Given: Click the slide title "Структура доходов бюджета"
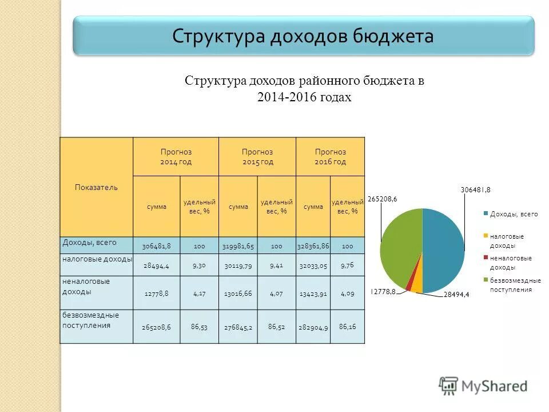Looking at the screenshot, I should point(303,36).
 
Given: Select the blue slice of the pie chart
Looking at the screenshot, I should point(443,249).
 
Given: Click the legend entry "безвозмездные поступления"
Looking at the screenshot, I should point(515,284).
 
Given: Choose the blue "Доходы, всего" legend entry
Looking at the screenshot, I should point(514,214).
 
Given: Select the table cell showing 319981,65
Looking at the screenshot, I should point(238,246).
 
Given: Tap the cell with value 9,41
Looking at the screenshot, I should point(276,266).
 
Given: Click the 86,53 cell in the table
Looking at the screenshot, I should point(199,326).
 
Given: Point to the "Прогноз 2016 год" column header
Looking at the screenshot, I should point(330,156).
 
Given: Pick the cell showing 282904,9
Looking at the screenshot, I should point(313,327).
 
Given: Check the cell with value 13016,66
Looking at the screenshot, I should point(238,294).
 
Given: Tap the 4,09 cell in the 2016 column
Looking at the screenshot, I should point(347,294).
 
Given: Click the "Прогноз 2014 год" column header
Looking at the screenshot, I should point(176,156).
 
